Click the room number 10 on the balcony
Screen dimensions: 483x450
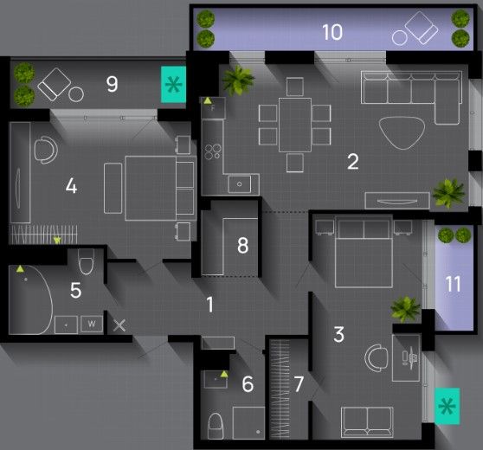(x=332, y=32)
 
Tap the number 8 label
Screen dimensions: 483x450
(x=242, y=246)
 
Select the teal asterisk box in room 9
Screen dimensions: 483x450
(x=173, y=84)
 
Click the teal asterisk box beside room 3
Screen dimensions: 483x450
(x=447, y=406)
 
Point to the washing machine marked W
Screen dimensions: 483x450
(x=92, y=324)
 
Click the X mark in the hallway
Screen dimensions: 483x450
(x=119, y=325)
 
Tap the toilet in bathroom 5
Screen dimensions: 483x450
(x=86, y=261)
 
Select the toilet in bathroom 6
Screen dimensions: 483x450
(x=216, y=426)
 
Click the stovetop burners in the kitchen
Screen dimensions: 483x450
(x=213, y=151)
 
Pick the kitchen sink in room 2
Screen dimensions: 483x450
(x=240, y=184)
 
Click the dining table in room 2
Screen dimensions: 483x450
(x=295, y=125)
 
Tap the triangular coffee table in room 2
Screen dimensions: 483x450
(x=402, y=132)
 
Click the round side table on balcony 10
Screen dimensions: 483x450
(x=400, y=37)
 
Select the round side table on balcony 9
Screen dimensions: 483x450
(x=76, y=94)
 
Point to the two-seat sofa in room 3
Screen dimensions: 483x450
(x=367, y=422)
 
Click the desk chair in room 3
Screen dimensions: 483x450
(x=376, y=358)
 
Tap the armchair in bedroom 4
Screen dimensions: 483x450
(x=46, y=150)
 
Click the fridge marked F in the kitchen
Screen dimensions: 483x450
(x=213, y=108)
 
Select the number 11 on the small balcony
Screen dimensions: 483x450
(x=453, y=284)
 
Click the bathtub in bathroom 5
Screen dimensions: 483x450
(x=30, y=299)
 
